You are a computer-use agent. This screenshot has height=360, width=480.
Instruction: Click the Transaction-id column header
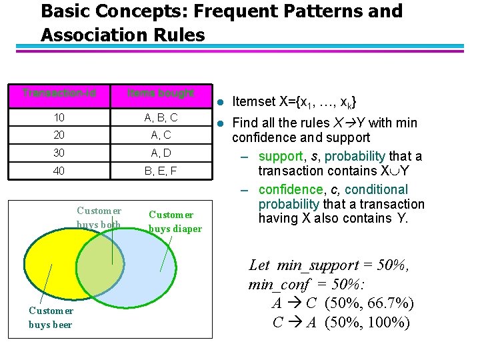(x=59, y=93)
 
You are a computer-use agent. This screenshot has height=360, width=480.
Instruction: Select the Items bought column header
(x=161, y=93)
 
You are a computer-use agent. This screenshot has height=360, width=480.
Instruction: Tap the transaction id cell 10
(x=59, y=118)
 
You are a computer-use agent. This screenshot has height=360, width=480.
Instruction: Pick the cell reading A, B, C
(x=161, y=118)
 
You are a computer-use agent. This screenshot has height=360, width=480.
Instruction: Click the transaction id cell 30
(x=59, y=153)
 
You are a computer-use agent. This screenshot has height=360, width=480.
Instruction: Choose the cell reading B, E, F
(x=161, y=171)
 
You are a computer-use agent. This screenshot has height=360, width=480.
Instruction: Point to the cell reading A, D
(x=161, y=153)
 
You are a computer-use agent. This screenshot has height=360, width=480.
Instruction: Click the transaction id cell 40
(x=59, y=171)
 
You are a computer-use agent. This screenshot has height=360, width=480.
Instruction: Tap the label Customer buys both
(x=99, y=217)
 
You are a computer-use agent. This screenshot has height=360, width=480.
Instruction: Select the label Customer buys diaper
(x=175, y=221)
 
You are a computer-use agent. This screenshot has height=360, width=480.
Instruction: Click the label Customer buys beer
(x=51, y=317)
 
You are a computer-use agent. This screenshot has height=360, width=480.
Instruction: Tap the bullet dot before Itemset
(x=221, y=102)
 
